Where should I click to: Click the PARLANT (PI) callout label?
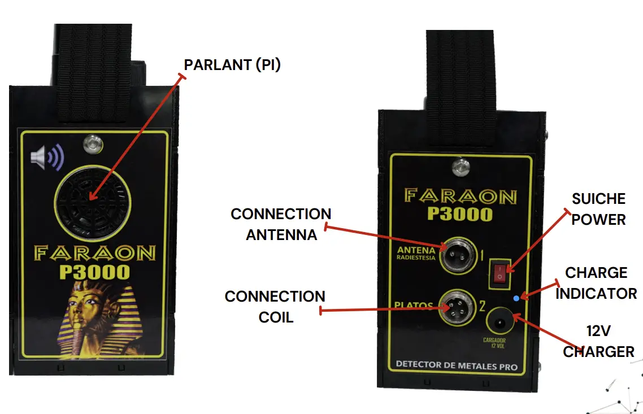pyautogui.click(x=232, y=65)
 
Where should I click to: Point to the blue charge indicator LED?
pyautogui.click(x=515, y=298)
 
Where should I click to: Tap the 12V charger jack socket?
pyautogui.click(x=499, y=323)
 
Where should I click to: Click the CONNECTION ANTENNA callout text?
pyautogui.click(x=281, y=224)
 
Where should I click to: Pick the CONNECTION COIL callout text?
pyautogui.click(x=275, y=307)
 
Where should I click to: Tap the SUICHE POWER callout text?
pyautogui.click(x=598, y=209)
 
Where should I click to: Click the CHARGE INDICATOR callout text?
pyautogui.click(x=596, y=283)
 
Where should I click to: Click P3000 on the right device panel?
pyautogui.click(x=460, y=214)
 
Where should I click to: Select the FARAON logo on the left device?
pyautogui.click(x=94, y=252)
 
